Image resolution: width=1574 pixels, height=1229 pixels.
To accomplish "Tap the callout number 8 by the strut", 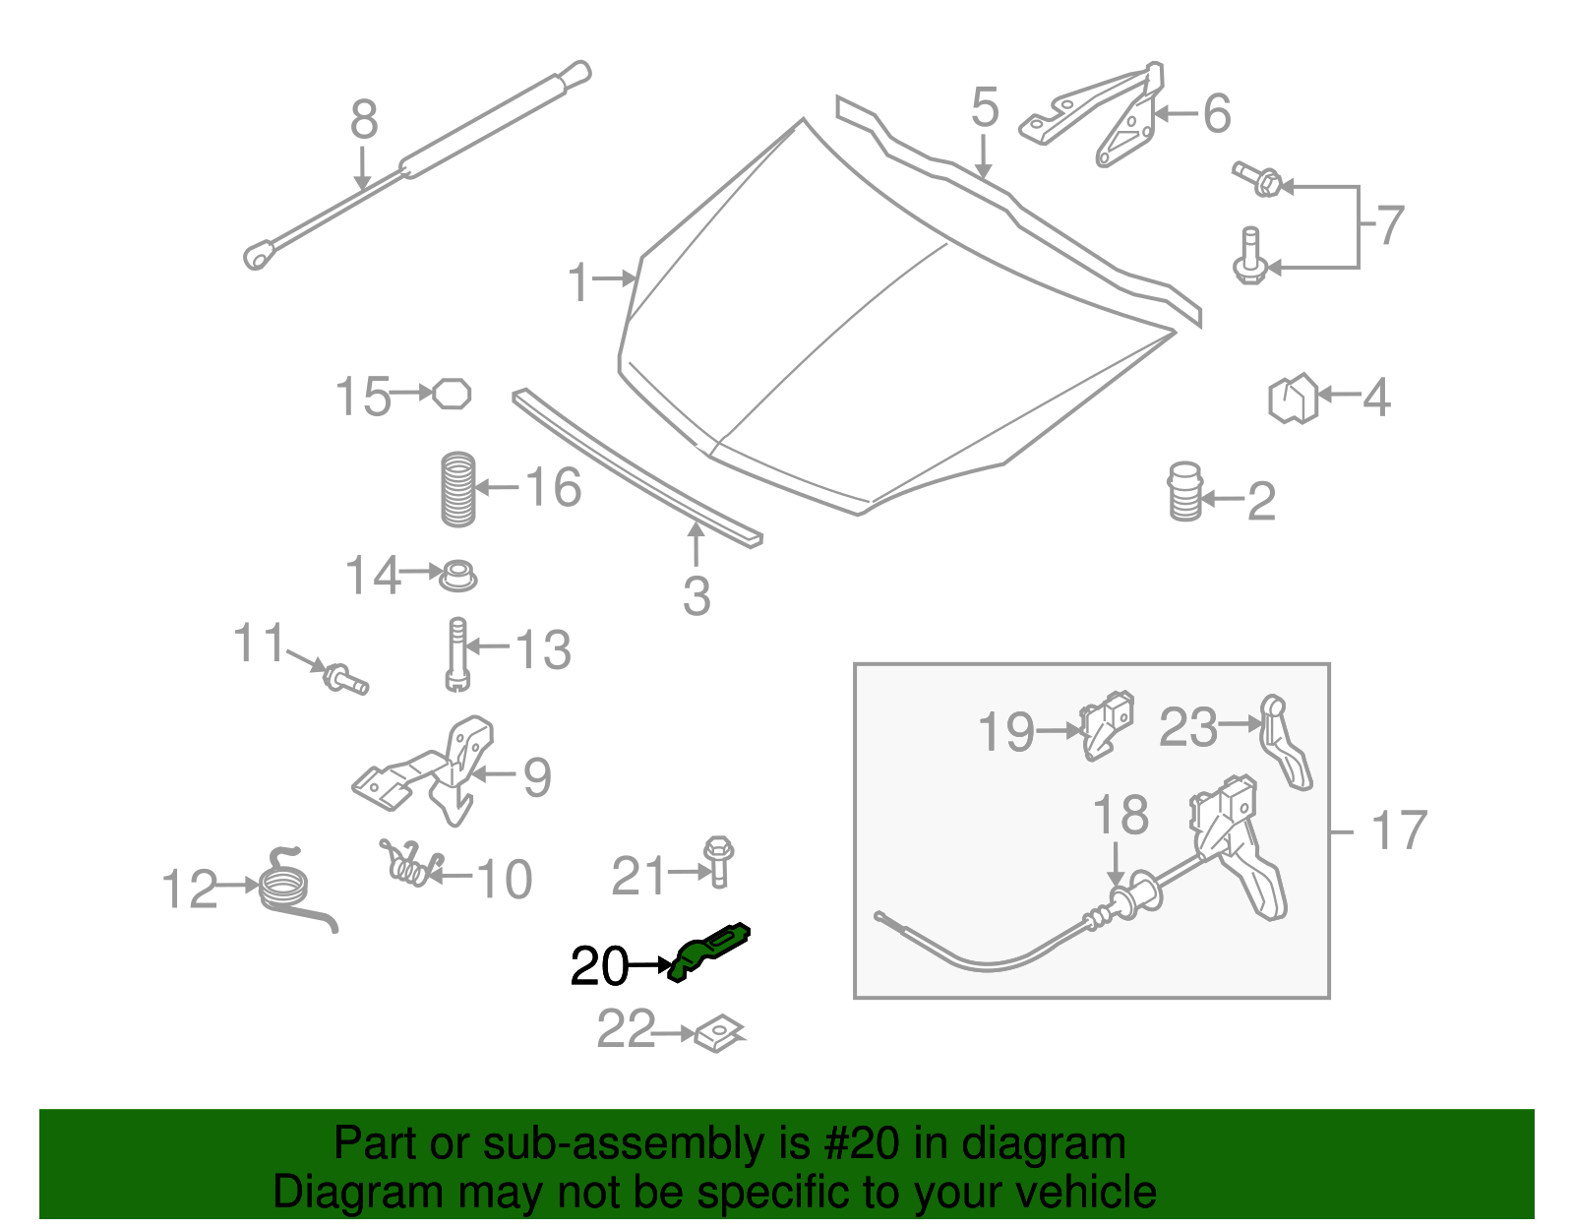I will pyautogui.click(x=363, y=121).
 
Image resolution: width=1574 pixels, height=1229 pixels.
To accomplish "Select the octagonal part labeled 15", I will pyautogui.click(x=452, y=394).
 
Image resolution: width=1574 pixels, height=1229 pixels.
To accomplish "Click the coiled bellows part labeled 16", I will pyautogui.click(x=458, y=488).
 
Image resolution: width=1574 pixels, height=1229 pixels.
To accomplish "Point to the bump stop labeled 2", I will pyautogui.click(x=1184, y=492).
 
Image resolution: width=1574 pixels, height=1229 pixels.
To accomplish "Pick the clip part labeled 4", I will pyautogui.click(x=1293, y=398).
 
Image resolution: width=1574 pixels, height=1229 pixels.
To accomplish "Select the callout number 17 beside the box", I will pyautogui.click(x=1398, y=830).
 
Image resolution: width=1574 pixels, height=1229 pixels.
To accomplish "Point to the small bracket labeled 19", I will pyautogui.click(x=1107, y=726).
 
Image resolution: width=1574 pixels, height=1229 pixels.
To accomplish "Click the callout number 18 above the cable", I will pyautogui.click(x=1120, y=816).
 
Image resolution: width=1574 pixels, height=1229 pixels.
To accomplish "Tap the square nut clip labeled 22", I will pyautogui.click(x=720, y=1035).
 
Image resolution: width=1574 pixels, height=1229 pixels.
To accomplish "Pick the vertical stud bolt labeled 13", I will pyautogui.click(x=457, y=653).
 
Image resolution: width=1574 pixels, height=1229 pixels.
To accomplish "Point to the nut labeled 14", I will pyautogui.click(x=456, y=575).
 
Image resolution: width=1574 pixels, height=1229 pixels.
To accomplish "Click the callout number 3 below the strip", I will pyautogui.click(x=696, y=596).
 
